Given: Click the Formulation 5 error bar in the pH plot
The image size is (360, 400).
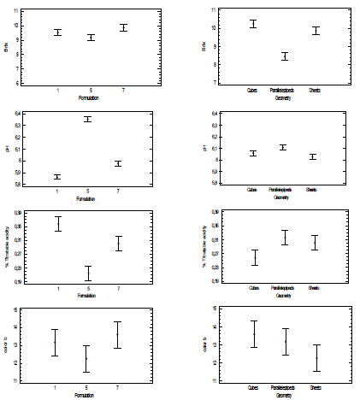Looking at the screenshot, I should click(87, 119).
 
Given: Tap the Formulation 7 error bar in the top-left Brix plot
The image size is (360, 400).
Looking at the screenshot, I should click(123, 27).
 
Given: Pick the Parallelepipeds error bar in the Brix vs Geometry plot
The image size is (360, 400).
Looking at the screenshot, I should click(285, 56).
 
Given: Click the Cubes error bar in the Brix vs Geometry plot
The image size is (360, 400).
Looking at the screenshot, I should click(252, 23).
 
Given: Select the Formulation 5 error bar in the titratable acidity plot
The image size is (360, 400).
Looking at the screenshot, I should click(87, 274).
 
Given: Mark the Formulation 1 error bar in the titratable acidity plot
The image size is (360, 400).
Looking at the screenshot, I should click(57, 224).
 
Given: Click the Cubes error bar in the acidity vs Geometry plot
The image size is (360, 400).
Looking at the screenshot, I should click(253, 257).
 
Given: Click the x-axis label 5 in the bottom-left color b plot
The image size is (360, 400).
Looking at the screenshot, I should click(87, 388).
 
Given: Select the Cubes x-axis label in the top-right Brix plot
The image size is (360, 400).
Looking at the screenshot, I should click(251, 92).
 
